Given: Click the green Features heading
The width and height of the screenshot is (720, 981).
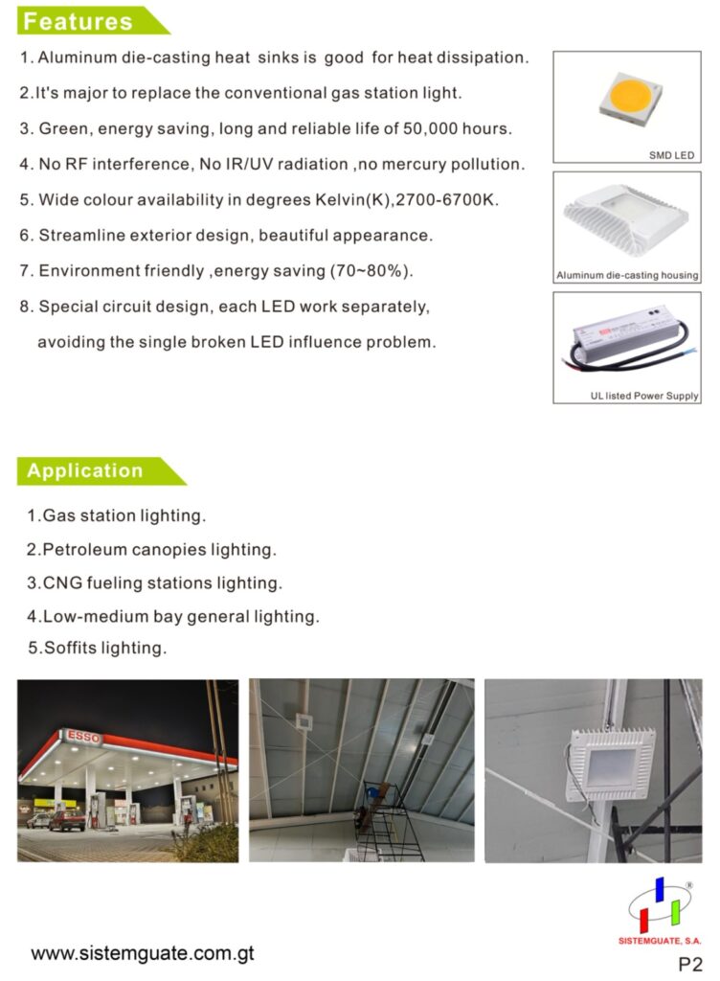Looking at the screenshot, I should [79, 21].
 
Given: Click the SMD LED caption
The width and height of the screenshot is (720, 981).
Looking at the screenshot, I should [671, 154].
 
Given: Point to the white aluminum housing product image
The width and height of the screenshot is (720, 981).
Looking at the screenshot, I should [626, 223].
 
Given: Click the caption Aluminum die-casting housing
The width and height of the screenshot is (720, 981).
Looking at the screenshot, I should [627, 276].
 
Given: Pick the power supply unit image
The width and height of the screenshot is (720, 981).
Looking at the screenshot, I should [626, 343].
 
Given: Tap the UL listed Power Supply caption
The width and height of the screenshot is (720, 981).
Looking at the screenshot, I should [643, 396].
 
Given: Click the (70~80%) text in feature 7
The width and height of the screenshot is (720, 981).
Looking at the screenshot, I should [371, 271].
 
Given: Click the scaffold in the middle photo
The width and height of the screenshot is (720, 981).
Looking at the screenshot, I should [383, 825].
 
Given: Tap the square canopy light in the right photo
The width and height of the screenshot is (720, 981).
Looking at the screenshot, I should [611, 763].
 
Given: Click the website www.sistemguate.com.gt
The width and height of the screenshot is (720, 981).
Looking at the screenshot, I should [143, 953].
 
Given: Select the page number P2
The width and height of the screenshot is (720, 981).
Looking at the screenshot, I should [690, 963].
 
